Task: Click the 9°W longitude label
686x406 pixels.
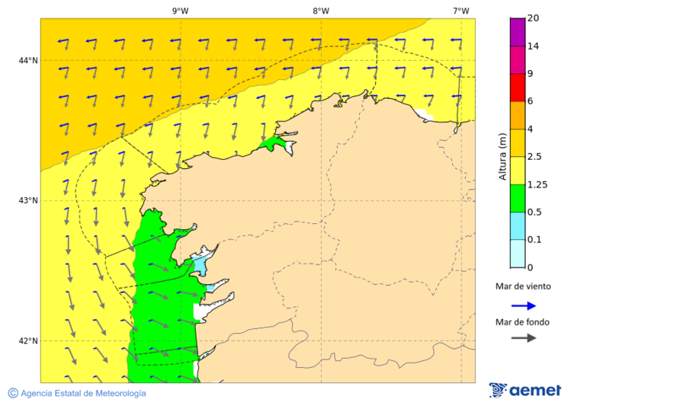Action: (180, 11)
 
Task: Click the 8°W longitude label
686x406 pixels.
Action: (320, 11)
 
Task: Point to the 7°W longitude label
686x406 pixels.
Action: (460, 11)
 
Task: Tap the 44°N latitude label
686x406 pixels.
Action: (28, 60)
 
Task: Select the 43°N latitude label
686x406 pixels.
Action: (28, 200)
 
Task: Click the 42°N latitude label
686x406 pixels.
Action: (28, 340)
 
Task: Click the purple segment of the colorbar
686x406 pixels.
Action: (517, 31)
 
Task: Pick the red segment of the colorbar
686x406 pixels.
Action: (517, 87)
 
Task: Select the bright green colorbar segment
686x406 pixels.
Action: (517, 198)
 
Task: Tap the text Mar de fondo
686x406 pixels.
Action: (522, 322)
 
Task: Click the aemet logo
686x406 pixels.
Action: (525, 390)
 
